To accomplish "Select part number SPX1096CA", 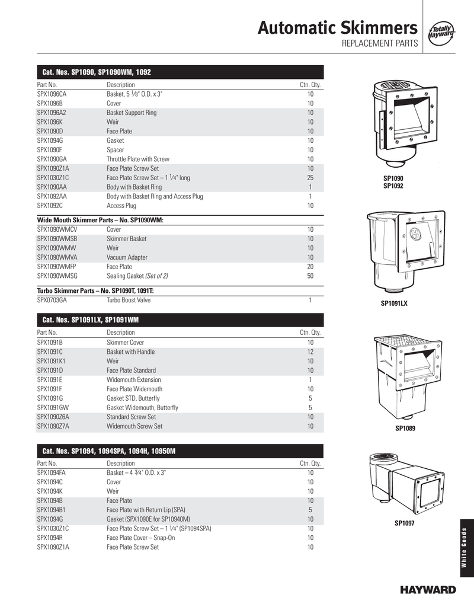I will [52, 94].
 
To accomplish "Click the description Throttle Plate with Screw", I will [138, 159].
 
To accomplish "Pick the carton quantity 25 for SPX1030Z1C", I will [310, 177].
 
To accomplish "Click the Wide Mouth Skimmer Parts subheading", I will [100, 220].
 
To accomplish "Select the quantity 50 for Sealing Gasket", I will [310, 276].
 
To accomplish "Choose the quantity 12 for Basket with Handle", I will [310, 352].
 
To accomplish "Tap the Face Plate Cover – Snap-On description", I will [141, 538].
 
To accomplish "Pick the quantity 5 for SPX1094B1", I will [310, 510].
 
